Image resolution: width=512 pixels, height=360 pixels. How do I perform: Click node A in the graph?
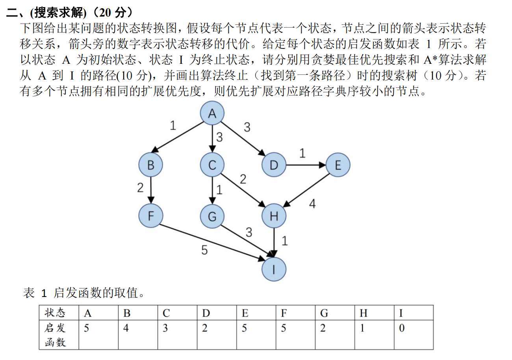212,113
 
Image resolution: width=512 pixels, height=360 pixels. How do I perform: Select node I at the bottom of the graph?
274,269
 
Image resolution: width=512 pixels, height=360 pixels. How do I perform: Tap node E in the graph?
338,165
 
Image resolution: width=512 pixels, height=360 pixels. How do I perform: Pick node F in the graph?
150,216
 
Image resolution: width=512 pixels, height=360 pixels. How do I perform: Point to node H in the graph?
274,216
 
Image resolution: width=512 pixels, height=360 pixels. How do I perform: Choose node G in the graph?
212,216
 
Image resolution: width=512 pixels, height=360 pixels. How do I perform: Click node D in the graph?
274,165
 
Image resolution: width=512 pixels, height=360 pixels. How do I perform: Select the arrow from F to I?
213,242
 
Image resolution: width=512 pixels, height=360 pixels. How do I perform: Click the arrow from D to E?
306,165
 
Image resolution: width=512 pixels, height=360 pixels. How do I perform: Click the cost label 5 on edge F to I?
204,250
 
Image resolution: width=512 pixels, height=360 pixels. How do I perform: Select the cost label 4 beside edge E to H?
312,204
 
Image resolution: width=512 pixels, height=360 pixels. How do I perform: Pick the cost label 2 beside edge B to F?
141,188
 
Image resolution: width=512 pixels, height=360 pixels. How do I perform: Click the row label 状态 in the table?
55,313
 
